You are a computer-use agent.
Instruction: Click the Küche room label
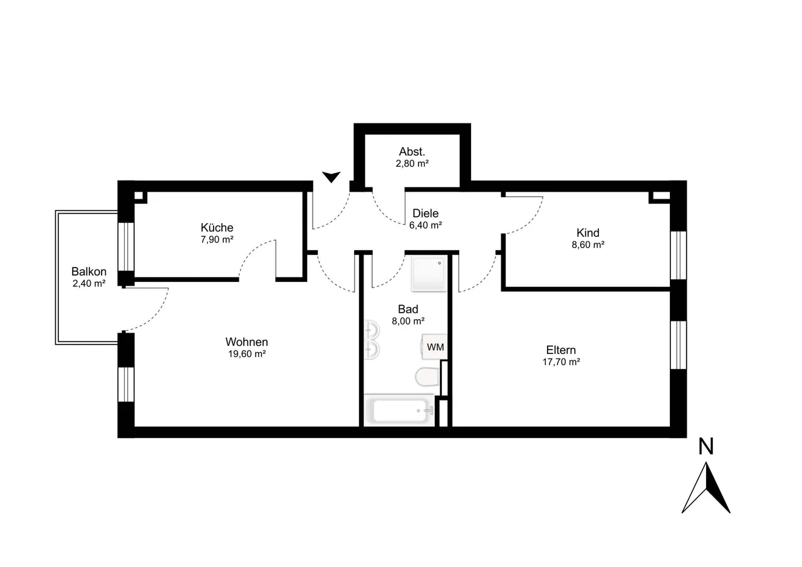tap(217, 227)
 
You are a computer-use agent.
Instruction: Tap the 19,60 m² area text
tap(247, 354)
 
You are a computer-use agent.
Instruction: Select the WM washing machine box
tap(435, 347)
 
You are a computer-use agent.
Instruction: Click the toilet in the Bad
tap(427, 377)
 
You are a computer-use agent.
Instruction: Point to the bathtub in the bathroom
tap(399, 410)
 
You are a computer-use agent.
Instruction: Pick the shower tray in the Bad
tap(429, 274)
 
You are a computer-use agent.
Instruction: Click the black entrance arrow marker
tap(331, 177)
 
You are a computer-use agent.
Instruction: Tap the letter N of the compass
tap(706, 446)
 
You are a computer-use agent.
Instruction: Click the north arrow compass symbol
tap(706, 488)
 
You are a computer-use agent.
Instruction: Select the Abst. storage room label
tap(412, 152)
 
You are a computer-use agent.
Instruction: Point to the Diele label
tap(425, 214)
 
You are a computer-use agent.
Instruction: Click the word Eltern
tap(561, 350)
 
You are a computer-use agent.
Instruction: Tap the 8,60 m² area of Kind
tap(588, 245)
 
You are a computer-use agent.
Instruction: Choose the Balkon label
tap(89, 271)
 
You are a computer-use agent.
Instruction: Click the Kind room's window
tap(678, 255)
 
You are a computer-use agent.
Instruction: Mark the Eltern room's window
tap(678, 345)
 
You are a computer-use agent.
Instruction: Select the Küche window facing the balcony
tap(126, 247)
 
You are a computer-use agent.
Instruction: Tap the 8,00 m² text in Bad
tap(408, 321)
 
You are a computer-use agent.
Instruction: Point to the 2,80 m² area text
tap(412, 164)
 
